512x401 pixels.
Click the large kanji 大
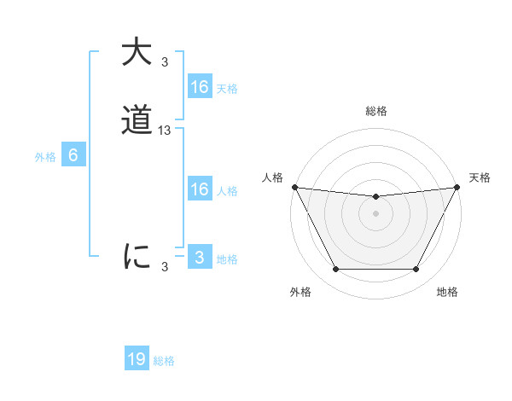point(137,51)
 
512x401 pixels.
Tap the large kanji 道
point(137,121)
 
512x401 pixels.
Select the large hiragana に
point(137,256)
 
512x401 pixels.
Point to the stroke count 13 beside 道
point(165,131)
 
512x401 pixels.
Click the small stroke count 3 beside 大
point(165,61)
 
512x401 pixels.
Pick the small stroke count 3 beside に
point(165,267)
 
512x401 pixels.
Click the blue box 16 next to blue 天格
point(199,87)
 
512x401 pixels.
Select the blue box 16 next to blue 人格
point(199,189)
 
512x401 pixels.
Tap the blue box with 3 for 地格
point(199,258)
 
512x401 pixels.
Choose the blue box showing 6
point(73,156)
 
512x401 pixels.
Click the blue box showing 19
point(137,359)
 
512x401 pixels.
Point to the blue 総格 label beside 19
point(164,361)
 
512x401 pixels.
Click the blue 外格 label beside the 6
point(45,157)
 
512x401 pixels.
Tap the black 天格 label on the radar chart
point(480,177)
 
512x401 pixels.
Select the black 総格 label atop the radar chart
point(375,111)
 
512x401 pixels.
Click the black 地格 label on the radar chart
point(447,292)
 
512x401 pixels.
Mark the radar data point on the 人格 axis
point(294,187)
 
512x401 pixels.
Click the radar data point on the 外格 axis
point(335,270)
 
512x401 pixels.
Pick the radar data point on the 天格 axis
point(457,187)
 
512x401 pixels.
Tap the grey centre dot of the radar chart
point(375,213)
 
